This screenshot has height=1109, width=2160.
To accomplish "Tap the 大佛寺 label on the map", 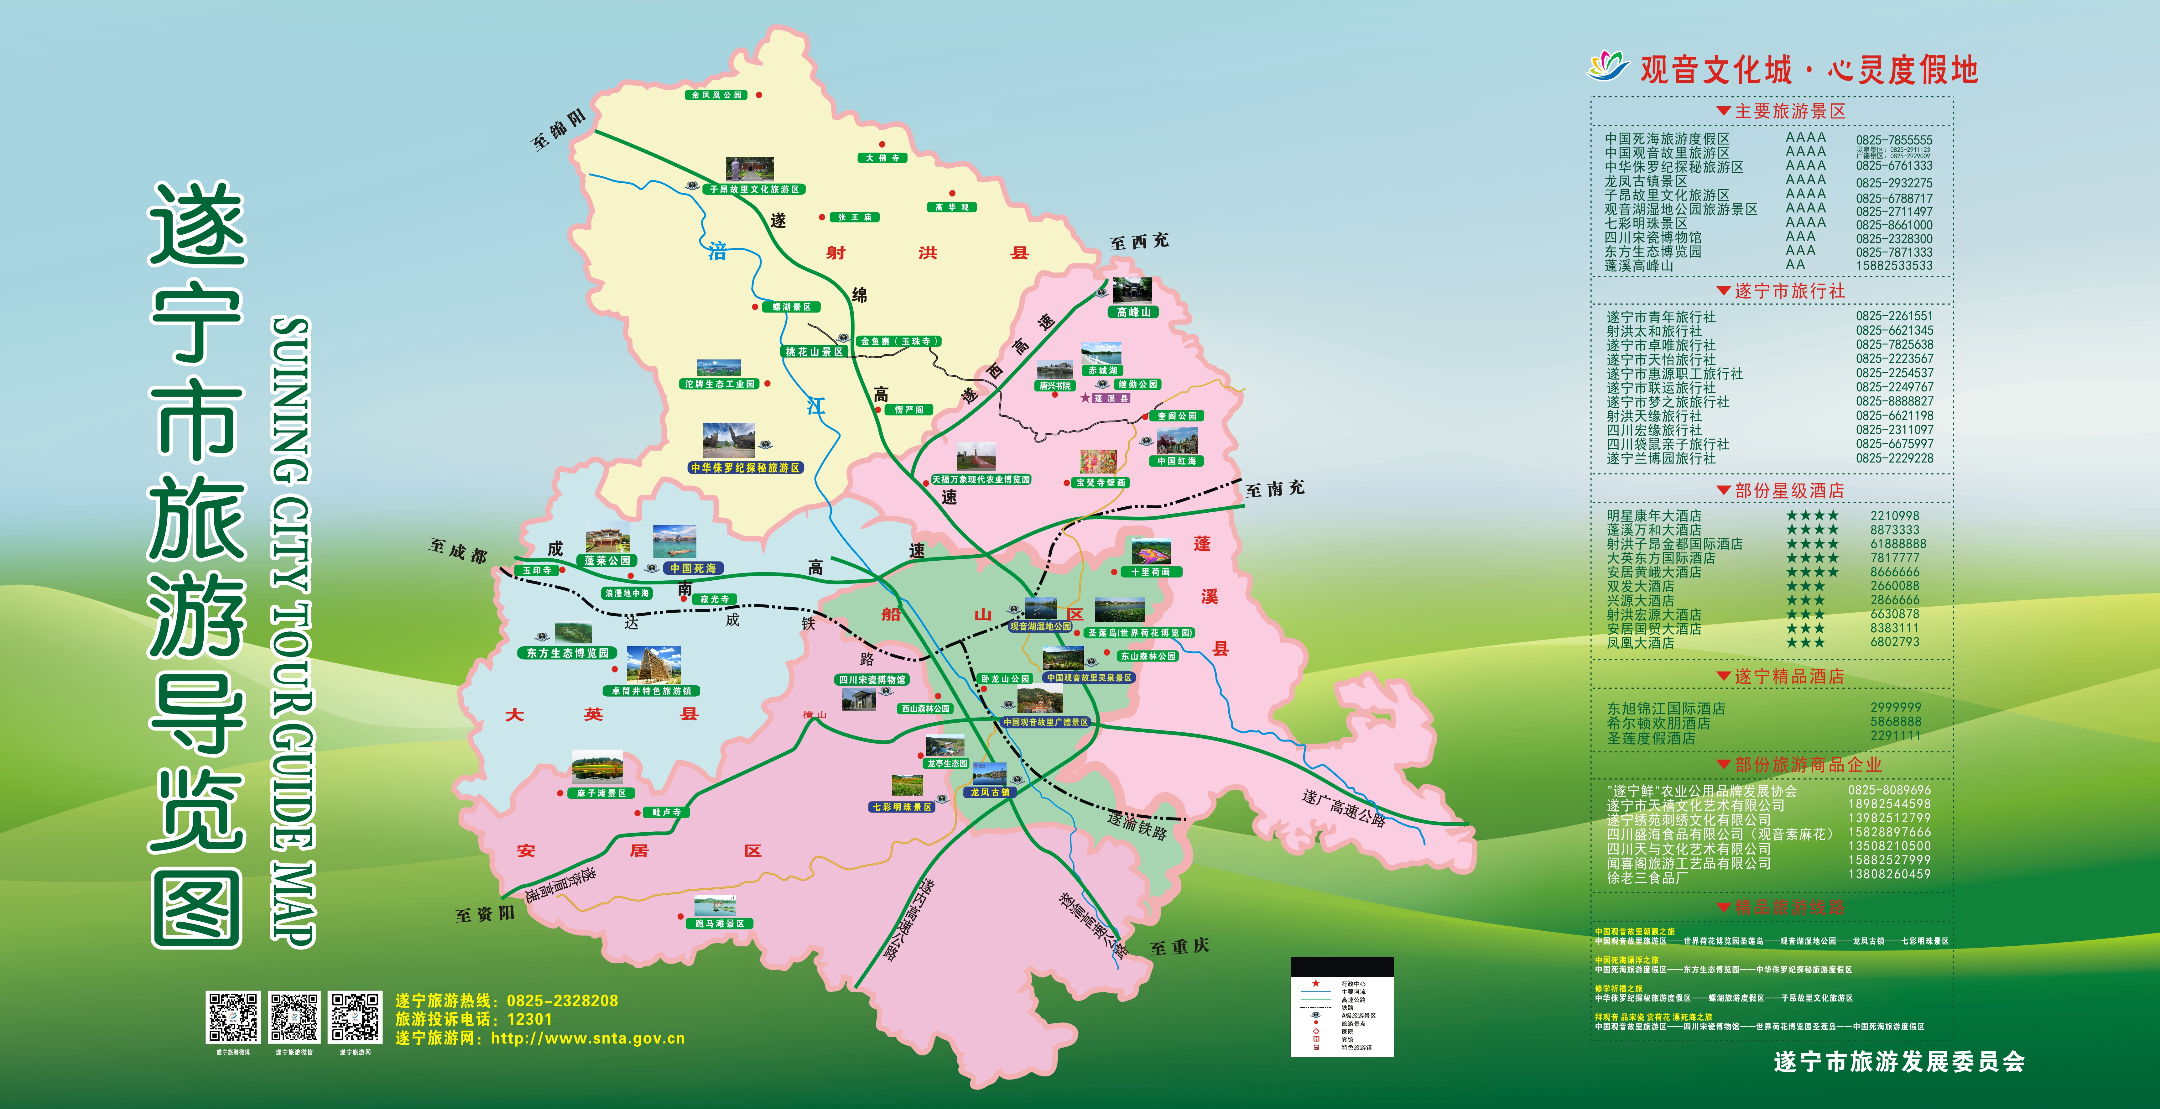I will pyautogui.click(x=882, y=158).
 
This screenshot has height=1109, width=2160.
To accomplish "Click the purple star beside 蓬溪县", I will pyautogui.click(x=1085, y=398).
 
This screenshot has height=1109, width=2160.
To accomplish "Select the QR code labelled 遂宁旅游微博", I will pyautogui.click(x=233, y=1017).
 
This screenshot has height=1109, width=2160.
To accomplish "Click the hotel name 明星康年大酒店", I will pyautogui.click(x=1653, y=516).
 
